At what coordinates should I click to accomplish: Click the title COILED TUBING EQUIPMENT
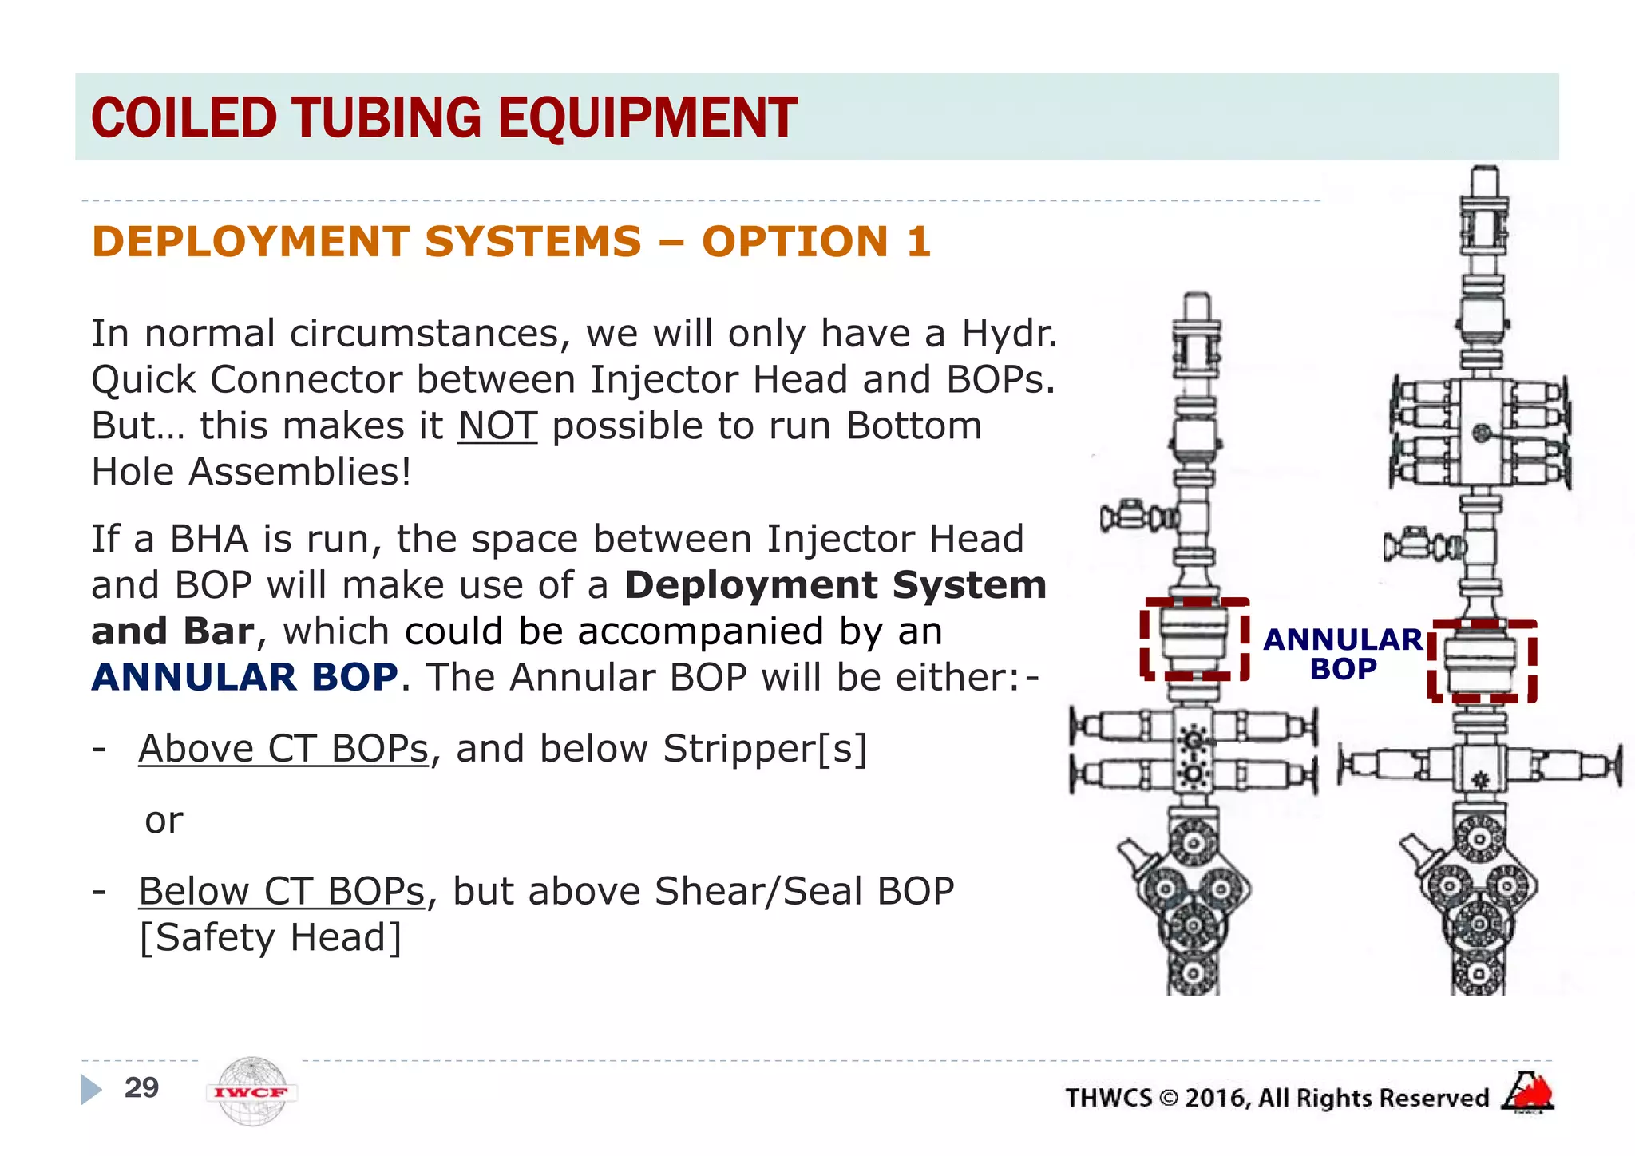point(444,117)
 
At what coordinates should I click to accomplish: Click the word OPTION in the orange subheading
point(794,241)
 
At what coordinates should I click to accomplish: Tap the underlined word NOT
point(497,426)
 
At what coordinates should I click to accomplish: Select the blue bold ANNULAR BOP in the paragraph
point(244,677)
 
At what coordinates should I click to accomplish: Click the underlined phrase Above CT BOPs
point(283,749)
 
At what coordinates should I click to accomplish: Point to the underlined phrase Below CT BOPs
point(282,891)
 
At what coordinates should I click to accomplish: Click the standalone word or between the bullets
point(164,821)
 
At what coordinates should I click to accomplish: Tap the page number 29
point(141,1087)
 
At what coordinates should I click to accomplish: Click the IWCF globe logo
point(252,1091)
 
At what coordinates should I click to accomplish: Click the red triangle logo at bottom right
point(1527,1091)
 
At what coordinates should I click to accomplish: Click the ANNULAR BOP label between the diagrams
point(1343,654)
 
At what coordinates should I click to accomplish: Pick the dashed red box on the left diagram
point(1194,639)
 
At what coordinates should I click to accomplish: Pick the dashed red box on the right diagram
point(1482,661)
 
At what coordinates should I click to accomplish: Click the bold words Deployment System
point(835,585)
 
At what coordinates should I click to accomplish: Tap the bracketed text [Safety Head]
point(271,937)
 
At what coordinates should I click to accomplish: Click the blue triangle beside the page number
point(91,1089)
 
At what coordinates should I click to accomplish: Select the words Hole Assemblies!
point(251,472)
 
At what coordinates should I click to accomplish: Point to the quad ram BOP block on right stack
point(1481,433)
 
